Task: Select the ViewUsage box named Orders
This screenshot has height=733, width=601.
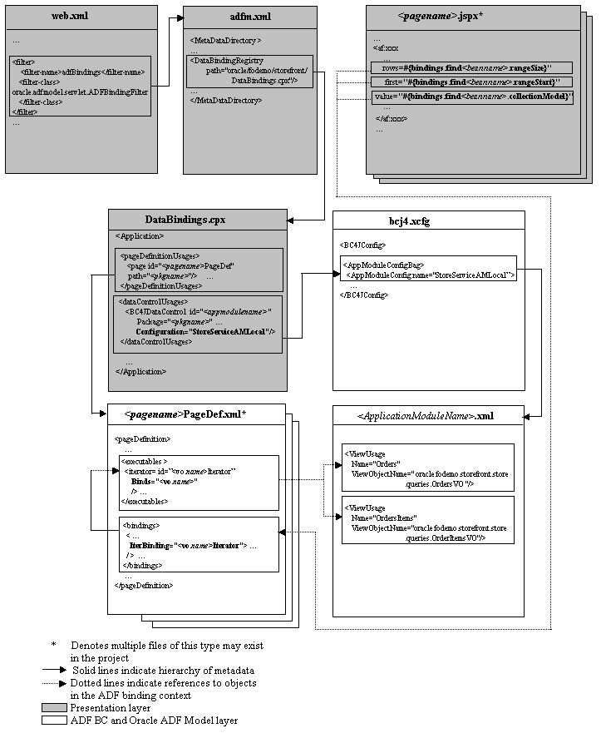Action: tap(427, 468)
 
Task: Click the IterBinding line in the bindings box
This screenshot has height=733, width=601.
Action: tap(192, 545)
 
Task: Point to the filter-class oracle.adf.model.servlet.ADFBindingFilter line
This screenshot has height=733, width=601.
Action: tap(80, 92)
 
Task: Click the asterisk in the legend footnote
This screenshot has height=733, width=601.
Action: tap(54, 646)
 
